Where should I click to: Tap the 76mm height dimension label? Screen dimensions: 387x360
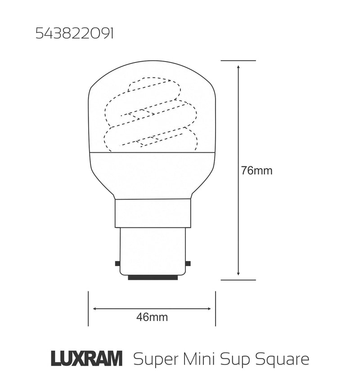pyautogui.click(x=256, y=171)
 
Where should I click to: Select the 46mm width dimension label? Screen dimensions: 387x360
pyautogui.click(x=152, y=317)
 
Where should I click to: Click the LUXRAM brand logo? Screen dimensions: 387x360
pyautogui.click(x=86, y=359)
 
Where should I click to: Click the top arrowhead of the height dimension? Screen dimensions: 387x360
pyautogui.click(x=238, y=67)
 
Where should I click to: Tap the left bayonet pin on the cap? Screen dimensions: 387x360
pyautogui.click(x=117, y=263)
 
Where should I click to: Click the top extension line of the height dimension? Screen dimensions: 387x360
pyautogui.click(x=238, y=60)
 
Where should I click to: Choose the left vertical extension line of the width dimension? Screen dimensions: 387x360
pyautogui.click(x=88, y=309)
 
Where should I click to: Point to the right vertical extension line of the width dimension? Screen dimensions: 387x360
pyautogui.click(x=216, y=309)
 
